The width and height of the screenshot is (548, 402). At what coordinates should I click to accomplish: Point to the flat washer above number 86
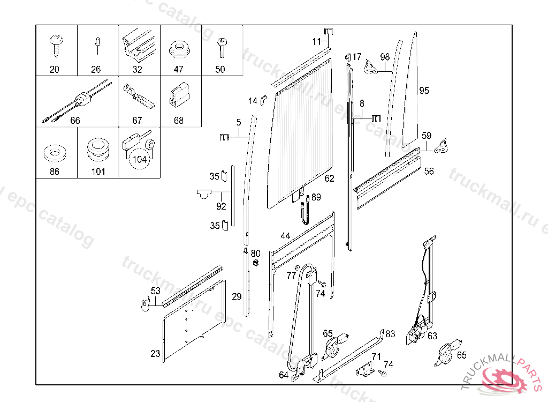(x=54, y=152)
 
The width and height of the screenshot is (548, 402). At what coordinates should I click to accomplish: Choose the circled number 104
(x=140, y=159)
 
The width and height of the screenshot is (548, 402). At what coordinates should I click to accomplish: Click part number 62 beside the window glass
(x=329, y=178)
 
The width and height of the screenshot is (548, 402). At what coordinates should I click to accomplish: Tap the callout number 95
(x=424, y=91)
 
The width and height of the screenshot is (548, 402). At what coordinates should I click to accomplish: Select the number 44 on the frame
(x=285, y=236)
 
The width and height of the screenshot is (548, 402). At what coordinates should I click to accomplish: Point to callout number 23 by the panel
(x=155, y=354)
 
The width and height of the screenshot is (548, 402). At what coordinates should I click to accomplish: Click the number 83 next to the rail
(x=390, y=334)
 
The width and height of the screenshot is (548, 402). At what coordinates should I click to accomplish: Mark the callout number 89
(x=316, y=197)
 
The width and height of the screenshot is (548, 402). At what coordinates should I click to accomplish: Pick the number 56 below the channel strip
(x=429, y=172)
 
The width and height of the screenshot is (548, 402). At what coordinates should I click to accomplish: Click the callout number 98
(x=385, y=57)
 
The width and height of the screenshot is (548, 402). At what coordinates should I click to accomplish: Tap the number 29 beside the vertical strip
(x=237, y=296)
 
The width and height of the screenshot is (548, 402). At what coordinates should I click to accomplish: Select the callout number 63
(x=432, y=336)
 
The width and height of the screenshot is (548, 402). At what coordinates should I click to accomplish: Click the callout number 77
(x=291, y=276)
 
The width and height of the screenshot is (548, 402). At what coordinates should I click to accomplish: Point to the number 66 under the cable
(x=75, y=121)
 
